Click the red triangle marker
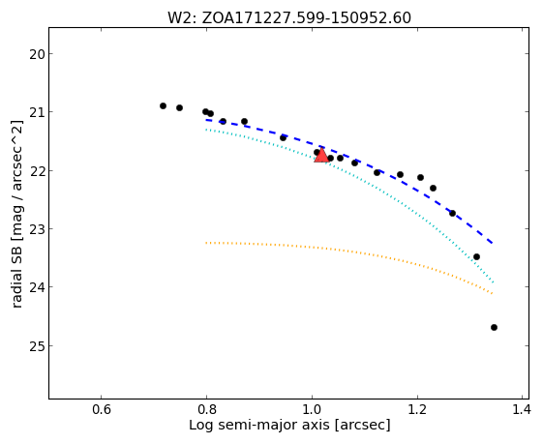(x=321, y=156)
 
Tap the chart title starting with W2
(x=289, y=18)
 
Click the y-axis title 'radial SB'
(x=17, y=214)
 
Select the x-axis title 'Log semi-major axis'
(x=289, y=425)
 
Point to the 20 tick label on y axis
(x=37, y=54)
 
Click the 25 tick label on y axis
(x=37, y=346)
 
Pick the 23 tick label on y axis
(x=37, y=229)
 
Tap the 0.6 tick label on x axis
(x=102, y=409)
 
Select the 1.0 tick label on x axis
(x=313, y=409)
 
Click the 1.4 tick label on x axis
(x=521, y=409)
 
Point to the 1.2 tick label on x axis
(x=418, y=409)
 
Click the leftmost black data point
(x=164, y=105)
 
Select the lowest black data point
(x=495, y=327)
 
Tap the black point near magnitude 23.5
(x=476, y=256)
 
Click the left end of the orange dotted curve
(x=206, y=243)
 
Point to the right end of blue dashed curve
(x=493, y=244)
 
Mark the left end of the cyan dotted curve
(x=206, y=130)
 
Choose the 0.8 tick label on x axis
(x=207, y=409)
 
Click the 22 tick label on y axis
(x=37, y=171)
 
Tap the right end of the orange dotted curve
(x=493, y=294)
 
